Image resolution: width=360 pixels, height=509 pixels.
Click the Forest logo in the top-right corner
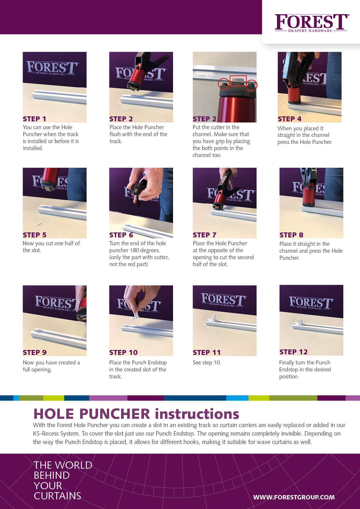click(312, 23)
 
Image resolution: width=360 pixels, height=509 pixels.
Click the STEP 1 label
click(35, 119)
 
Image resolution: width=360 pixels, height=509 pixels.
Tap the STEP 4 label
click(289, 119)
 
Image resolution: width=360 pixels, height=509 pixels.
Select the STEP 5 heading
click(35, 235)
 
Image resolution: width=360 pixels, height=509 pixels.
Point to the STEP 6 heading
click(121, 235)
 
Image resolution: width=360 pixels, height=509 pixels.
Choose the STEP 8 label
click(291, 235)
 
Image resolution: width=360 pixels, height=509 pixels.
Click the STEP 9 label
click(35, 353)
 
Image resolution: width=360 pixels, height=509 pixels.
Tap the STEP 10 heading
click(123, 353)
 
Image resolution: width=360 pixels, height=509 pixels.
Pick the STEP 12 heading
click(293, 352)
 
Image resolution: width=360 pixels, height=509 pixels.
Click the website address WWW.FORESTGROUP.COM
click(294, 497)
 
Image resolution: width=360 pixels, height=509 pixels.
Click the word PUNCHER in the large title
click(114, 414)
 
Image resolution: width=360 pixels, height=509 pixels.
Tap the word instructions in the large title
click(197, 414)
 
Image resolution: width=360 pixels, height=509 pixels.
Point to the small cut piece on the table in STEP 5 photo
click(38, 224)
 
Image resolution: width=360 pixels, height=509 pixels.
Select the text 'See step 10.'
click(207, 363)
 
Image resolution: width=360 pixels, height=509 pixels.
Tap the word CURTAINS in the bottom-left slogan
click(57, 496)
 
